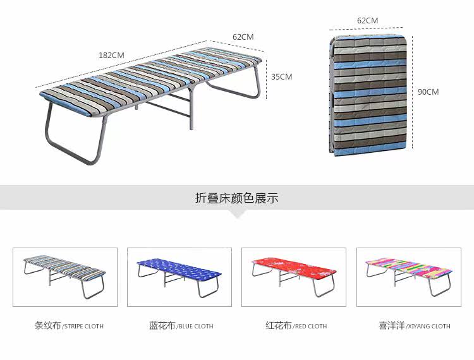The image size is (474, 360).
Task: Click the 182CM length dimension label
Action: point(111,55)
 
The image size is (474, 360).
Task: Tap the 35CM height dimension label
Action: point(281,76)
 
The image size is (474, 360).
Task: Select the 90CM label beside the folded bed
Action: point(428,92)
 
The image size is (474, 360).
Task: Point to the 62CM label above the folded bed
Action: point(367,20)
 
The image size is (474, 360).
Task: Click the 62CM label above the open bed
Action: point(243,37)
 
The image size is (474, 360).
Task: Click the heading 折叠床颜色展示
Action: point(237,198)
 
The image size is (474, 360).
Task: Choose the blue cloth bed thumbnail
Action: point(179,277)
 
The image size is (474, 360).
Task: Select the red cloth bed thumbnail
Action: point(294,277)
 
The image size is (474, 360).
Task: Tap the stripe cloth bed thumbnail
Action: point(65,277)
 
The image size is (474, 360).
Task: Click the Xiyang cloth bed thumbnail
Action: point(408,277)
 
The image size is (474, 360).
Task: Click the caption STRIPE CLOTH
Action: point(83,327)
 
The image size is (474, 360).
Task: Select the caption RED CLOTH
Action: point(310,327)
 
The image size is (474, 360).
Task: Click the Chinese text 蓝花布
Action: point(162,326)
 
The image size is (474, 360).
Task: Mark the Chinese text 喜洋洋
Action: point(391,326)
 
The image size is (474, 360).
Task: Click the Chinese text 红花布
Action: point(278,326)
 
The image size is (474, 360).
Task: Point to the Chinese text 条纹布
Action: point(47,326)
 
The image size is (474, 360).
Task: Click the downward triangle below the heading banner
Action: point(237,214)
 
